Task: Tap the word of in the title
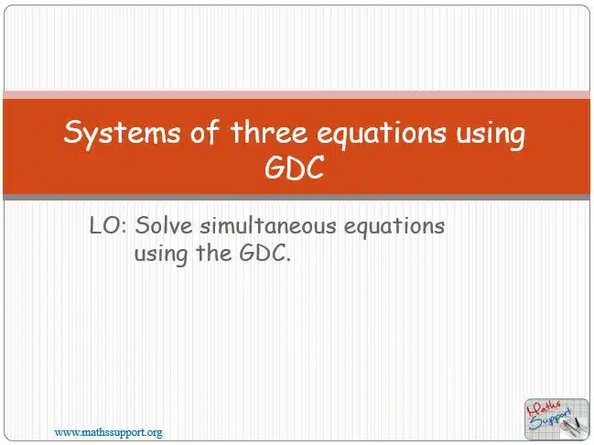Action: (x=205, y=132)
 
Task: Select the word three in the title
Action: (x=268, y=132)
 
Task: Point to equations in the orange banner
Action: (x=382, y=135)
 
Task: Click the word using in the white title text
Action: (x=491, y=135)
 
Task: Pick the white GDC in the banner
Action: (x=295, y=168)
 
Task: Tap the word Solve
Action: (x=164, y=225)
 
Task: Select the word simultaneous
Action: (x=268, y=225)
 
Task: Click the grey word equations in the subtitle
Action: (x=394, y=227)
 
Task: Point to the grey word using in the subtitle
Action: (x=161, y=255)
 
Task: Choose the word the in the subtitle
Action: (x=213, y=253)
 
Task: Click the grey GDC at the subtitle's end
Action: (x=265, y=254)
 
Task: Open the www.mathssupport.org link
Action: (x=108, y=432)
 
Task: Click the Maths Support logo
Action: (x=556, y=418)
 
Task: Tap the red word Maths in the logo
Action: (x=544, y=410)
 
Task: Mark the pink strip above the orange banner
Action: (x=297, y=94)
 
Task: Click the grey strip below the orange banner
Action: (x=297, y=197)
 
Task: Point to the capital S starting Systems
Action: (x=73, y=132)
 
